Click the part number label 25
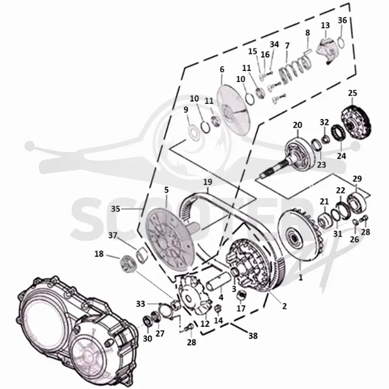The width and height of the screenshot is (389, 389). tap(352, 93)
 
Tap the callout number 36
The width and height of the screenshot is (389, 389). tap(342, 20)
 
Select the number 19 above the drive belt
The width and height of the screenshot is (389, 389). tap(208, 182)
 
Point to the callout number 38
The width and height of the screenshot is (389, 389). tap(253, 336)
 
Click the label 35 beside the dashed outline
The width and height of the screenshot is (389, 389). tap(115, 209)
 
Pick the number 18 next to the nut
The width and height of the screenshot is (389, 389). tap(99, 254)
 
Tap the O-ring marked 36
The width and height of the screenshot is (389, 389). tap(341, 43)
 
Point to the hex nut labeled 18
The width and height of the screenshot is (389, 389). tap(127, 264)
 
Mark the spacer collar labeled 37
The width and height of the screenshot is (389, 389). tap(141, 255)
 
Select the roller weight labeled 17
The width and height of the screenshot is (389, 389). tap(241, 295)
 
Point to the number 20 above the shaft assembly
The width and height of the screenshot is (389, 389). tap(298, 125)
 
